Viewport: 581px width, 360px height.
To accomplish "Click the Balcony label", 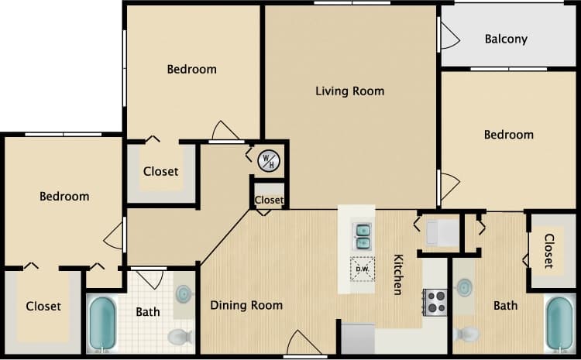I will click(x=506, y=39).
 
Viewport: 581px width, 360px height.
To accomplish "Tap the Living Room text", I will click(x=349, y=91).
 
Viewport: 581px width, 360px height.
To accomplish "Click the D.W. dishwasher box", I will click(x=361, y=270).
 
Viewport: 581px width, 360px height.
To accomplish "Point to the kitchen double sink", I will click(x=361, y=236).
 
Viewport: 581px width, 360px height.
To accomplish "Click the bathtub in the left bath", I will click(x=102, y=324).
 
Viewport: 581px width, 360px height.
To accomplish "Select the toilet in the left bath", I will click(x=180, y=337).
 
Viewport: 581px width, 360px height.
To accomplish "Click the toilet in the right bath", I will click(x=467, y=334).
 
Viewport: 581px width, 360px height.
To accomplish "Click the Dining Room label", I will click(x=246, y=305).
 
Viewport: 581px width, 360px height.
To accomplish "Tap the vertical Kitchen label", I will click(x=398, y=274).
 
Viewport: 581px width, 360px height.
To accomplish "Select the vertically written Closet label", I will click(x=548, y=251).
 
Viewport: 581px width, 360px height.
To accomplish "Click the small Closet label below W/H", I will click(x=269, y=200).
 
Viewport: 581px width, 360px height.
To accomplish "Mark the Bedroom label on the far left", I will click(x=64, y=197).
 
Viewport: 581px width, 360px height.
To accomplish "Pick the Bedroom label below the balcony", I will click(x=508, y=135).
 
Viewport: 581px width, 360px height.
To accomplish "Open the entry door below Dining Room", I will click(x=302, y=345).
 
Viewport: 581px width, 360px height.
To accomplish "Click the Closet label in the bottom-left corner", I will click(x=43, y=307).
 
